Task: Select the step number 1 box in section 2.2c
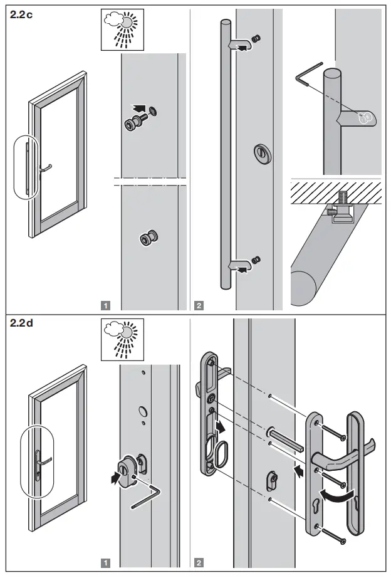click(106, 306)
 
